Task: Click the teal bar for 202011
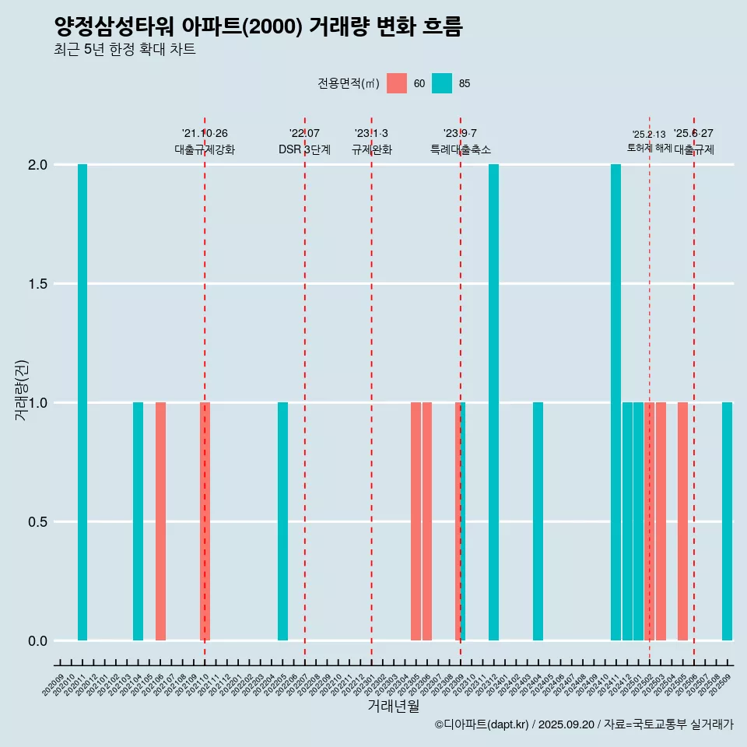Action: point(82,402)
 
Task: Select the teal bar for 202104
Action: point(138,521)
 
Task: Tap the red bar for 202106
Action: point(160,521)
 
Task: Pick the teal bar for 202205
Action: point(282,521)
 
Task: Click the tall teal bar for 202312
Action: point(493,402)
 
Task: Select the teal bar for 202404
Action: point(538,521)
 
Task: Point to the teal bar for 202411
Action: point(615,402)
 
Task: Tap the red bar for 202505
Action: point(682,521)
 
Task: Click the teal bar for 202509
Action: point(727,521)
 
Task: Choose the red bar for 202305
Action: point(416,521)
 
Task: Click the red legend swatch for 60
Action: point(397,83)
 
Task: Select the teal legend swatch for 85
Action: point(442,83)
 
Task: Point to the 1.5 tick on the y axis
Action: point(38,284)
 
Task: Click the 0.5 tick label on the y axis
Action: point(38,522)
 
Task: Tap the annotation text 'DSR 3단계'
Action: point(304,149)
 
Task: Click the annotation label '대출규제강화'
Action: point(205,149)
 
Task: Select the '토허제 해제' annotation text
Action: point(649,148)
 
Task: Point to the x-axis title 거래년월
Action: point(393,707)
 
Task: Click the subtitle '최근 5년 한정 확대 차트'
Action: point(124,50)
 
